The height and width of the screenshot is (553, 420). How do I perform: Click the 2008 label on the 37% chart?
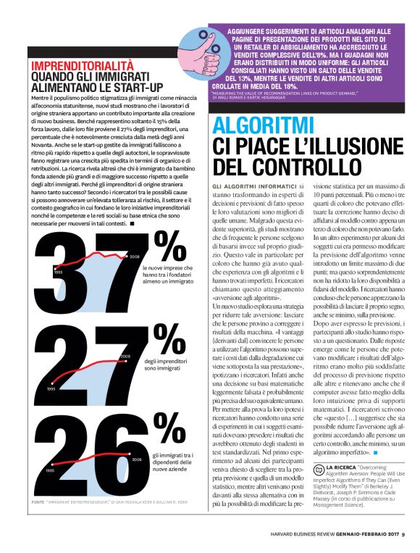(135, 256)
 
